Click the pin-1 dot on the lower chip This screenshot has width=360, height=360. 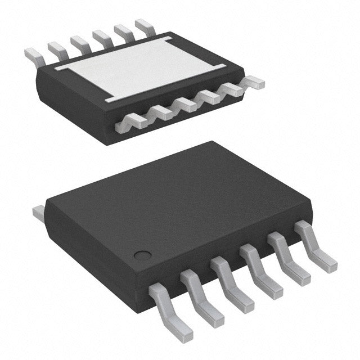pos(144,255)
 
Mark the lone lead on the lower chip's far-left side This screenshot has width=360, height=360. pos(38,213)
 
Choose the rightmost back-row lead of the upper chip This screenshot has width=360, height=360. pos(143,25)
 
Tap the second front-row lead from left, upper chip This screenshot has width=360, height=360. pos(160,112)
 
